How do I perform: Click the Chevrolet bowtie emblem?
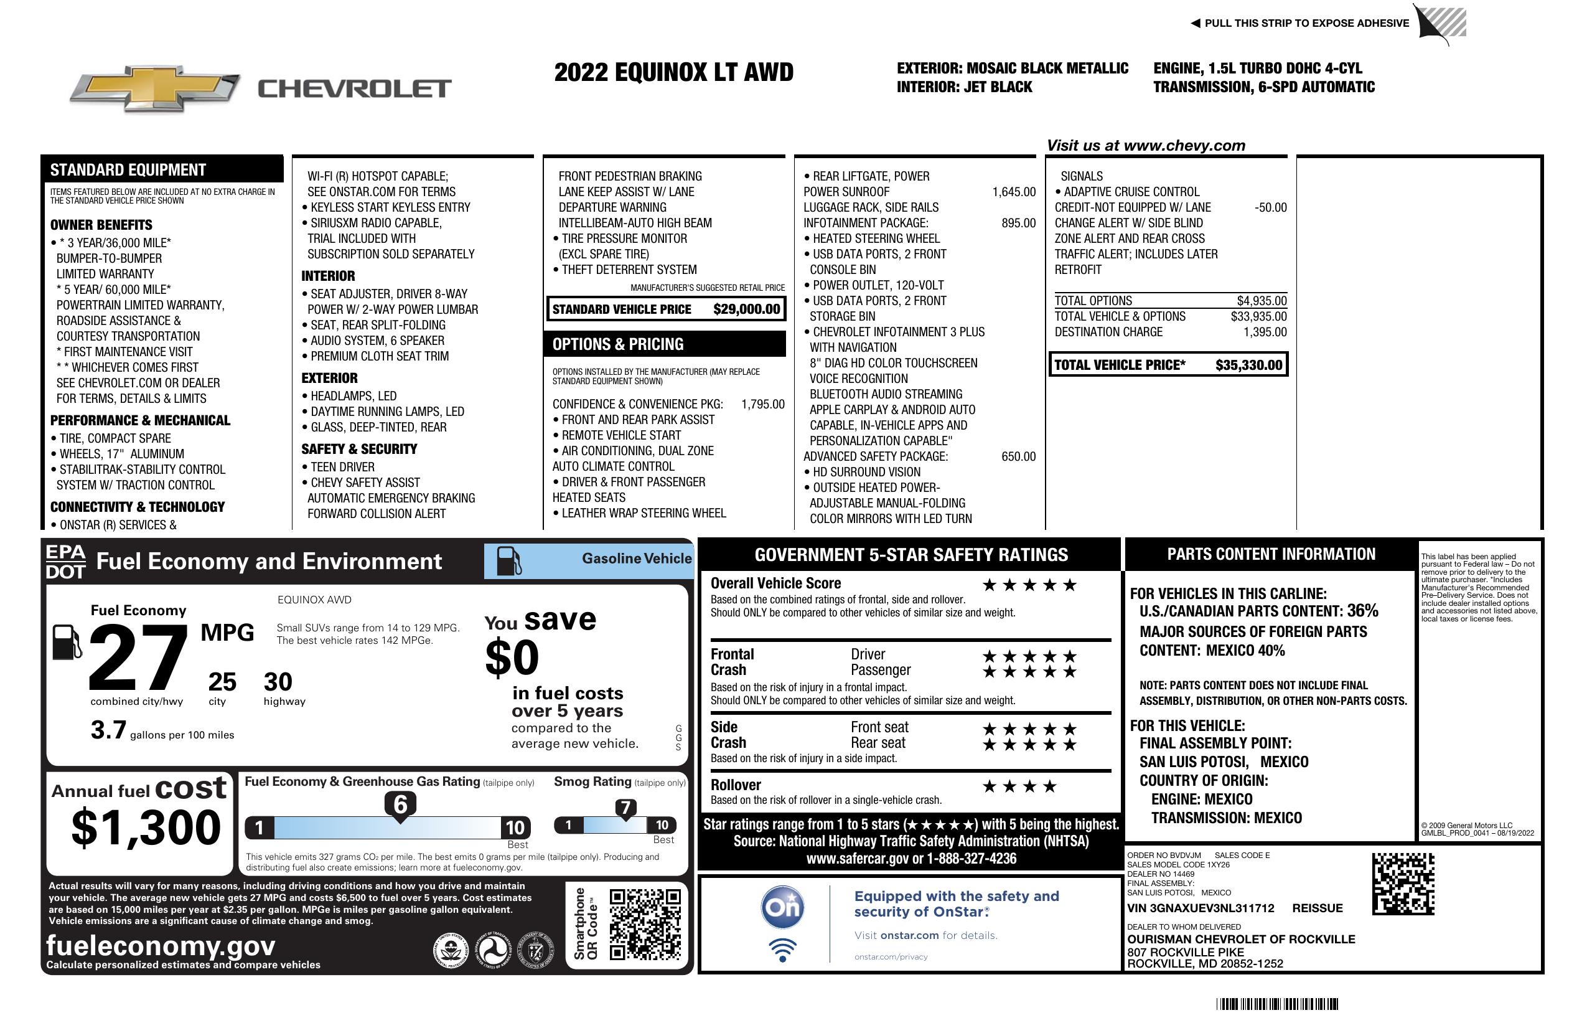pyautogui.click(x=155, y=88)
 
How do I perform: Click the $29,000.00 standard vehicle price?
pyautogui.click(x=746, y=309)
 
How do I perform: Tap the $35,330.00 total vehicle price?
pyautogui.click(x=1248, y=365)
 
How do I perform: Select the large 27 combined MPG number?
pyautogui.click(x=138, y=657)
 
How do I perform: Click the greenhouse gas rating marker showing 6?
pyautogui.click(x=400, y=805)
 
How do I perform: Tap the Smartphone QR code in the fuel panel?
pyautogui.click(x=645, y=924)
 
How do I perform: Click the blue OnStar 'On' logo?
pyautogui.click(x=782, y=907)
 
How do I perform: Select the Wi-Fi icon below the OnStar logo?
pyautogui.click(x=782, y=950)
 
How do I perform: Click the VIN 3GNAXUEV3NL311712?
pyautogui.click(x=1201, y=908)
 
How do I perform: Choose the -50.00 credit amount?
pyautogui.click(x=1270, y=207)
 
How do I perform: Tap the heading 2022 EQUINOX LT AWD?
pyautogui.click(x=673, y=72)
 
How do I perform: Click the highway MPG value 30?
pyautogui.click(x=278, y=682)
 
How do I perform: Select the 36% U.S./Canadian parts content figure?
pyautogui.click(x=1362, y=610)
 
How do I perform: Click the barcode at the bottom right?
pyautogui.click(x=1277, y=1004)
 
